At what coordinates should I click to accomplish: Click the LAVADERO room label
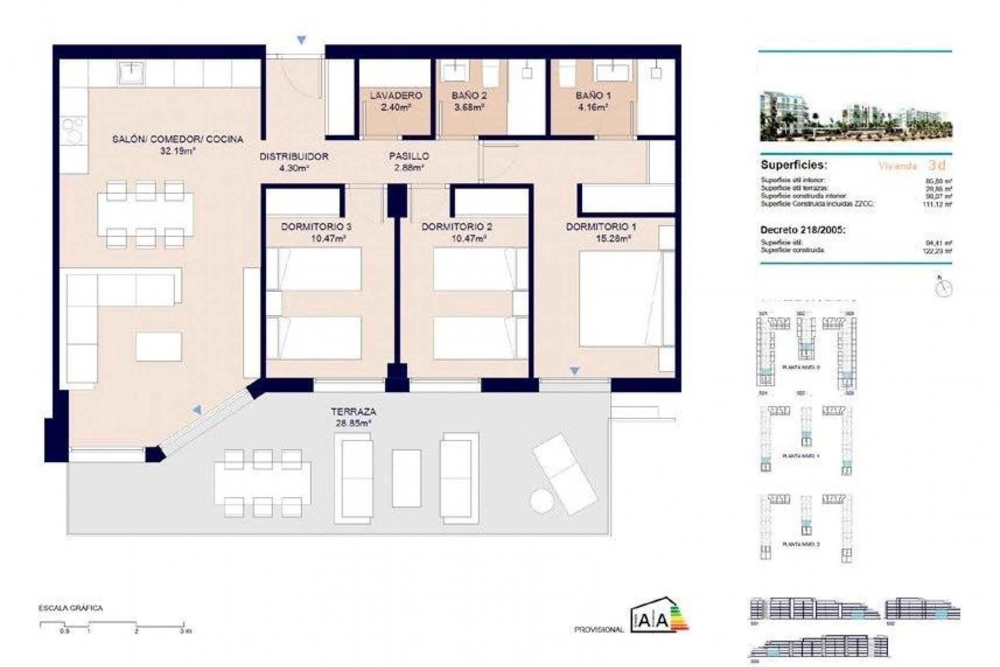[x=396, y=96]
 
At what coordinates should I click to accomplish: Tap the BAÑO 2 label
[x=469, y=96]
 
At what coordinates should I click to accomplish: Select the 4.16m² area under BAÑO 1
[x=593, y=108]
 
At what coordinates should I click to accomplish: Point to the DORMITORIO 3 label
[x=316, y=227]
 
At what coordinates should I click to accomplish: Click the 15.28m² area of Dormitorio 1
[x=614, y=239]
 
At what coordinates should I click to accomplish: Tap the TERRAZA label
[x=353, y=412]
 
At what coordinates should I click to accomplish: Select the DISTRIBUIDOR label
[x=294, y=156]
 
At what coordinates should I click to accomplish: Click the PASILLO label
[x=409, y=156]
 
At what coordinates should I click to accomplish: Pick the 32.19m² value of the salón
[x=178, y=151]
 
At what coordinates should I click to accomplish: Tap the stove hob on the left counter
[x=73, y=129]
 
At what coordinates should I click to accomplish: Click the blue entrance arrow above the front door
[x=301, y=40]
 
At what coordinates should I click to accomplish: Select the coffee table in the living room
[x=159, y=347]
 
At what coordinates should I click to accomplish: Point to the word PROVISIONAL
[x=599, y=629]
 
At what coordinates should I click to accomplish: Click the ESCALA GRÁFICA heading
[x=70, y=608]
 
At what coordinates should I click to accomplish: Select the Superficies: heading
[x=794, y=165]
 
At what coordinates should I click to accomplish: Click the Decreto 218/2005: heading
[x=803, y=230]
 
